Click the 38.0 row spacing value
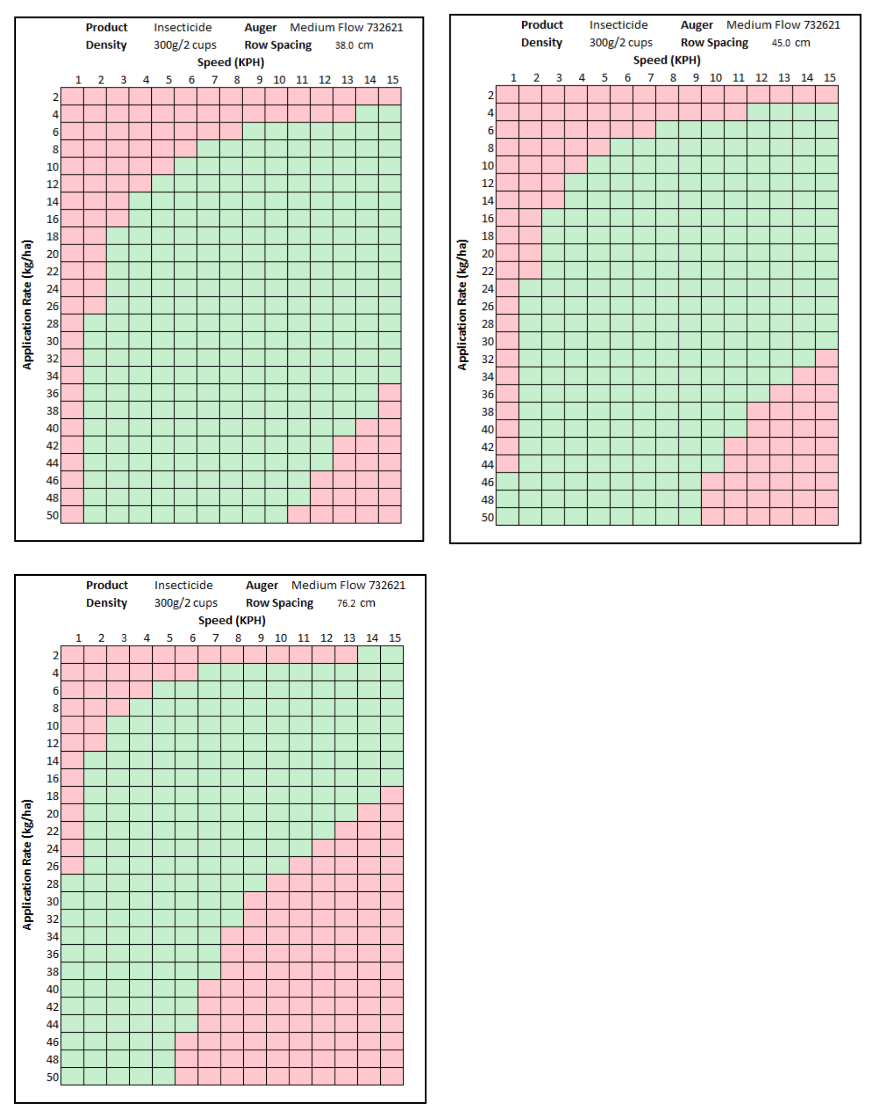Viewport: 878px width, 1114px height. point(344,45)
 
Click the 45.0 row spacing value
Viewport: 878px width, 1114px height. point(780,43)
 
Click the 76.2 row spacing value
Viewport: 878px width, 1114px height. point(346,603)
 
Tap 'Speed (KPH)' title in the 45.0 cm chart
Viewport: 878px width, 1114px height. point(666,60)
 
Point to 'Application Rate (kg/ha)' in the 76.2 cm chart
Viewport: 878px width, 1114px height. point(27,864)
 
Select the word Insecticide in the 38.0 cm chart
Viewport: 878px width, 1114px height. point(182,27)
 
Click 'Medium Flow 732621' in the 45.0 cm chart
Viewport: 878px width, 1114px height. point(783,25)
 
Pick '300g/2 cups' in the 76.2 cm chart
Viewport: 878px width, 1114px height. point(186,603)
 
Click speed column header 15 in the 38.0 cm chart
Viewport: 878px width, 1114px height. point(392,80)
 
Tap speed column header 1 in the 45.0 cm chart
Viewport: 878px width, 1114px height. point(513,78)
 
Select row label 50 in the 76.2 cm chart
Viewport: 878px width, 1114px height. point(53,1077)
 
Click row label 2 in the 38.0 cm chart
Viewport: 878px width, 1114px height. point(55,97)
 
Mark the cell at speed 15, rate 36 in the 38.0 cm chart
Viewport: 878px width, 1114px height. point(390,393)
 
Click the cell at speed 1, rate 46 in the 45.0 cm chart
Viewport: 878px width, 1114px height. point(508,481)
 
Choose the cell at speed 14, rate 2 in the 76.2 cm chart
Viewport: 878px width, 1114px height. point(369,655)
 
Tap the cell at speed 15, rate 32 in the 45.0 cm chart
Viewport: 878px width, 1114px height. point(826,358)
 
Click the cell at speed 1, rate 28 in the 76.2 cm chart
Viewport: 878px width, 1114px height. point(73,883)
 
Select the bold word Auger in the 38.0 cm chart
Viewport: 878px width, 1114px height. point(260,27)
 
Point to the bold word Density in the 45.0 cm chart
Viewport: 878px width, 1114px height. point(541,43)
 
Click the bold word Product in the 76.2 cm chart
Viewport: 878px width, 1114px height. point(107,586)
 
